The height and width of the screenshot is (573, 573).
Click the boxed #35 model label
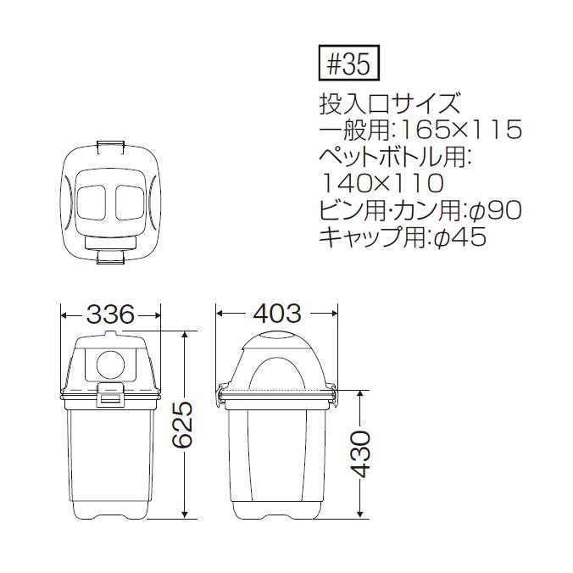[349, 63]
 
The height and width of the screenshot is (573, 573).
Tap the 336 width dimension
[110, 314]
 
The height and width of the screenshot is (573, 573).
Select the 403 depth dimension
[277, 314]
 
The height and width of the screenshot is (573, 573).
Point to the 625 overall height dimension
[182, 425]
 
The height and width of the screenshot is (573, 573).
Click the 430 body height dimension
[362, 454]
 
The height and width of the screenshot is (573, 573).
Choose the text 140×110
[382, 183]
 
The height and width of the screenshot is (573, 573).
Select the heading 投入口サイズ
[389, 103]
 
